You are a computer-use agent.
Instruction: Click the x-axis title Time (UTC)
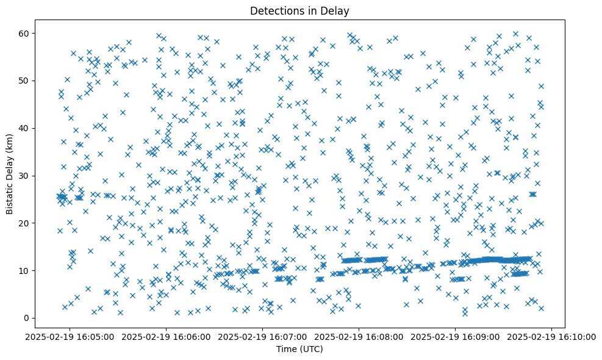click(x=299, y=349)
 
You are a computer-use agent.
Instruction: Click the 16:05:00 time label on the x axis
click(x=70, y=336)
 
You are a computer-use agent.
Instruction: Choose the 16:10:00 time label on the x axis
click(x=552, y=336)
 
